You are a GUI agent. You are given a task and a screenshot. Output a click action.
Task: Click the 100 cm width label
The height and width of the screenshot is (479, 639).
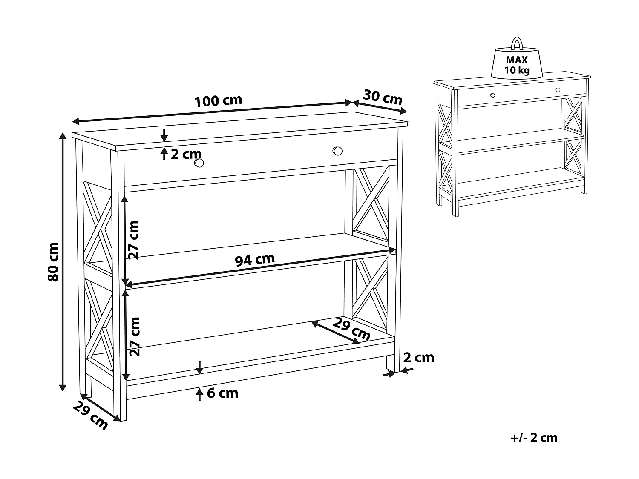point(218,101)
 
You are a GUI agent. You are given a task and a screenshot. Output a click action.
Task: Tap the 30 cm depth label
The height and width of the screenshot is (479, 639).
point(383,98)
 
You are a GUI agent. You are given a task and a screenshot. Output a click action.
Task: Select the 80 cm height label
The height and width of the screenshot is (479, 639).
point(53,261)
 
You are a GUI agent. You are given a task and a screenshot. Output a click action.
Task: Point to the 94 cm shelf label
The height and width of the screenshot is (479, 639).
point(255,259)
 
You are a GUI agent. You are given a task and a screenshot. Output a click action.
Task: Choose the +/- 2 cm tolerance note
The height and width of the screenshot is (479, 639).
point(534,437)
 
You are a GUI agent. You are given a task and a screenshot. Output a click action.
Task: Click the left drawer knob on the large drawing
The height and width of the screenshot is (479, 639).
point(199,163)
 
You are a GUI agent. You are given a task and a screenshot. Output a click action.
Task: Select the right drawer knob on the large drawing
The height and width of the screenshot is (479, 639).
point(337,151)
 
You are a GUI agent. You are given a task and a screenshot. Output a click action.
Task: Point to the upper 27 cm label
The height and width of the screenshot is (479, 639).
point(134,240)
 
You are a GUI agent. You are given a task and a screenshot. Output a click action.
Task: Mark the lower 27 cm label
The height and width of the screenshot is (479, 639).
point(134,336)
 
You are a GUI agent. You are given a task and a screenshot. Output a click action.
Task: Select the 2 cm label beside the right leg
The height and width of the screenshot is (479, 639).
point(418,358)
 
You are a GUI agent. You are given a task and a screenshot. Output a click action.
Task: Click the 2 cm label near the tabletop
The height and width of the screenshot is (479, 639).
point(186,154)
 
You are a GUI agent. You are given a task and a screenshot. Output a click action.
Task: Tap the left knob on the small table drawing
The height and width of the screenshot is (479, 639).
point(492,95)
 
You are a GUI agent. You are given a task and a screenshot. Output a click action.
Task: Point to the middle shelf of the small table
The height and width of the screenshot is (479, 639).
point(520,141)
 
